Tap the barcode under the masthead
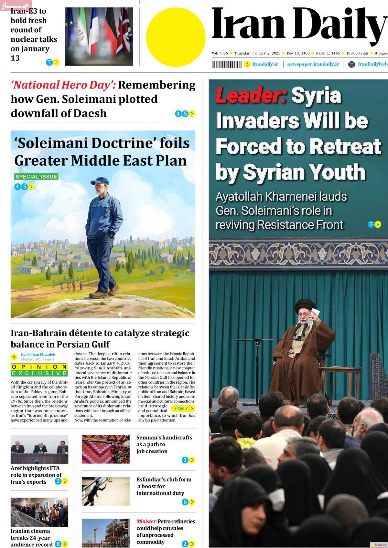pos(227,64)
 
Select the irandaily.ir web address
pos(265,64)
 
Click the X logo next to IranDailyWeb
pos(351,64)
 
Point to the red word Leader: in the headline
pos(251,96)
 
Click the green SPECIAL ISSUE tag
pos(36,177)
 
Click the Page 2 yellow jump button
pos(183,408)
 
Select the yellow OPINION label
pos(39,367)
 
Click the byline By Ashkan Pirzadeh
pos(38,355)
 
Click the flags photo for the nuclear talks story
pos(99,36)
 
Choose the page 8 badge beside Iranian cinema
pos(58,544)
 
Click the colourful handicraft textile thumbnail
pos(105,449)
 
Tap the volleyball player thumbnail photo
pos(105,491)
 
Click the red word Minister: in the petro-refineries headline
pos(146,522)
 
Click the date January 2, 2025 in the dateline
pos(267,53)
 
